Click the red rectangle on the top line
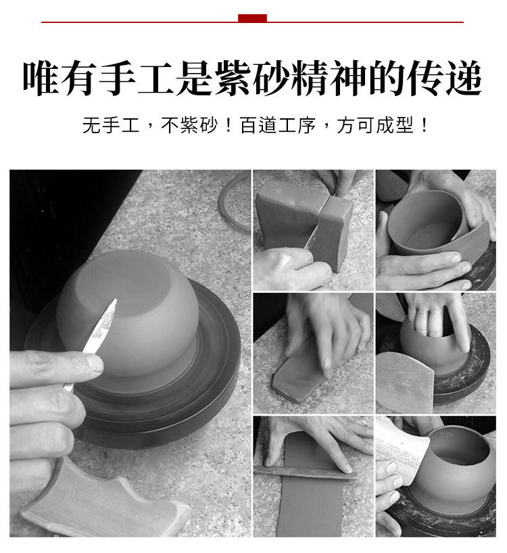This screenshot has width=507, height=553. (252, 18)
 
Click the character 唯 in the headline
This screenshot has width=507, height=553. (41, 78)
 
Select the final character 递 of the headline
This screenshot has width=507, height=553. (464, 78)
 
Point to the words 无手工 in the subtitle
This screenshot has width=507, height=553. (111, 126)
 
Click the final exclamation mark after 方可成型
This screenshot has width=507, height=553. (424, 126)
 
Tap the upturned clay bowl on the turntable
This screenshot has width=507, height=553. (128, 307)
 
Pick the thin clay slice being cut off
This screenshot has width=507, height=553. (333, 235)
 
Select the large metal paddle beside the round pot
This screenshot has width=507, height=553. (406, 381)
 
